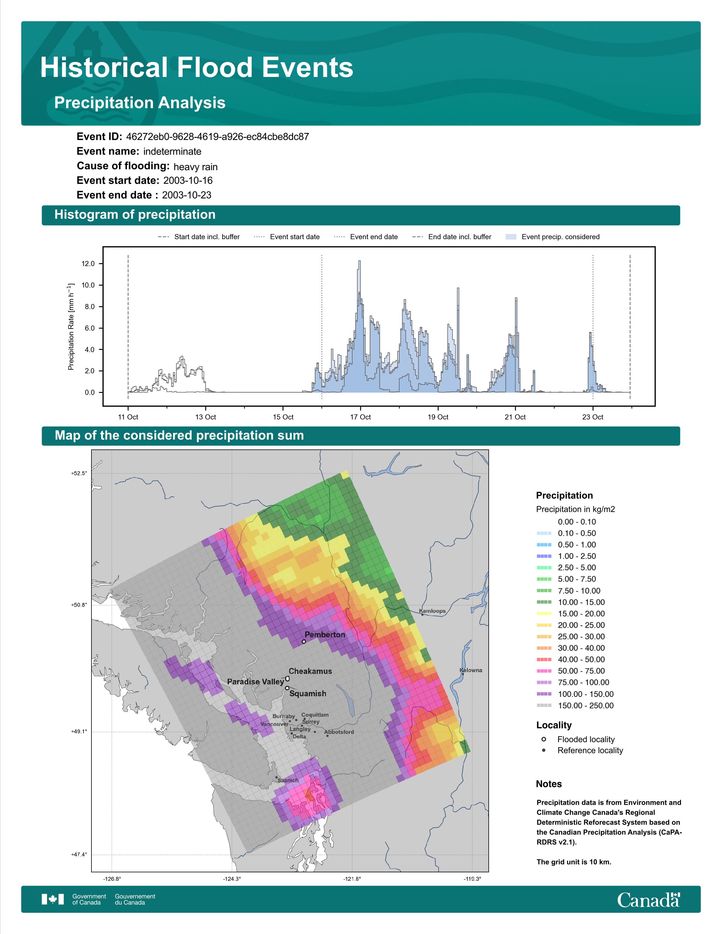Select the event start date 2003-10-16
[x=188, y=181]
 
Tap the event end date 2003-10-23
[x=187, y=195]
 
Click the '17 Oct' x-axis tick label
[x=360, y=417]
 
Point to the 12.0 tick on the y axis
[x=88, y=264]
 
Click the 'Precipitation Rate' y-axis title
[x=71, y=326]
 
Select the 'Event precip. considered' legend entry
[x=553, y=237]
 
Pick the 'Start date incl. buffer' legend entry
[x=199, y=237]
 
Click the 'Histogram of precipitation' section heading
[x=135, y=215]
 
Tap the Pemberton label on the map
[x=325, y=635]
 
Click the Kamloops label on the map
[x=432, y=611]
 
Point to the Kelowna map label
[x=471, y=670]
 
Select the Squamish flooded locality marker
[x=287, y=688]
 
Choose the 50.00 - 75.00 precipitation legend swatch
[x=544, y=671]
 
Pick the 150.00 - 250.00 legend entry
[x=575, y=706]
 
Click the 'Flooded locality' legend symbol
[x=544, y=739]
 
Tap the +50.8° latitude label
[x=79, y=605]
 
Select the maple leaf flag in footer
[x=53, y=899]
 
